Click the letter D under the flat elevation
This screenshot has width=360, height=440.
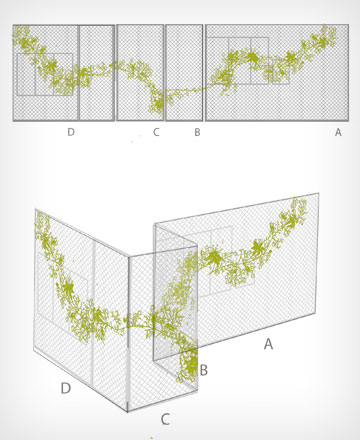point(71,132)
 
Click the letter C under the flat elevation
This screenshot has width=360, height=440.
point(156,132)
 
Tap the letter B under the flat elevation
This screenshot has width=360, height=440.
point(197,132)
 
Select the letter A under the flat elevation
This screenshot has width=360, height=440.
point(338,132)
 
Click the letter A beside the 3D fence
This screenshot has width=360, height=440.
point(268,343)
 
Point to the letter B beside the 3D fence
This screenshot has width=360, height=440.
point(203,370)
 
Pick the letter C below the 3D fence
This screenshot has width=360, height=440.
point(165,419)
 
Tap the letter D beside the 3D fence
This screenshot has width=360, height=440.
point(66,388)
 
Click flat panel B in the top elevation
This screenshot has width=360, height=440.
point(184,72)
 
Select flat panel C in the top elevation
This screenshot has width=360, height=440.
point(140,72)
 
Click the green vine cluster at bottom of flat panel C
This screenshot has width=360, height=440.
point(157,102)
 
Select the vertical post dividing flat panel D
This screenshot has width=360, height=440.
point(79,72)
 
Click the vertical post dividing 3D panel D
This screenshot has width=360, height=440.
point(93,312)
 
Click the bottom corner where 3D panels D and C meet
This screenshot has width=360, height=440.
point(128,412)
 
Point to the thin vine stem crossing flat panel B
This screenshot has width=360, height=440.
point(184,90)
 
